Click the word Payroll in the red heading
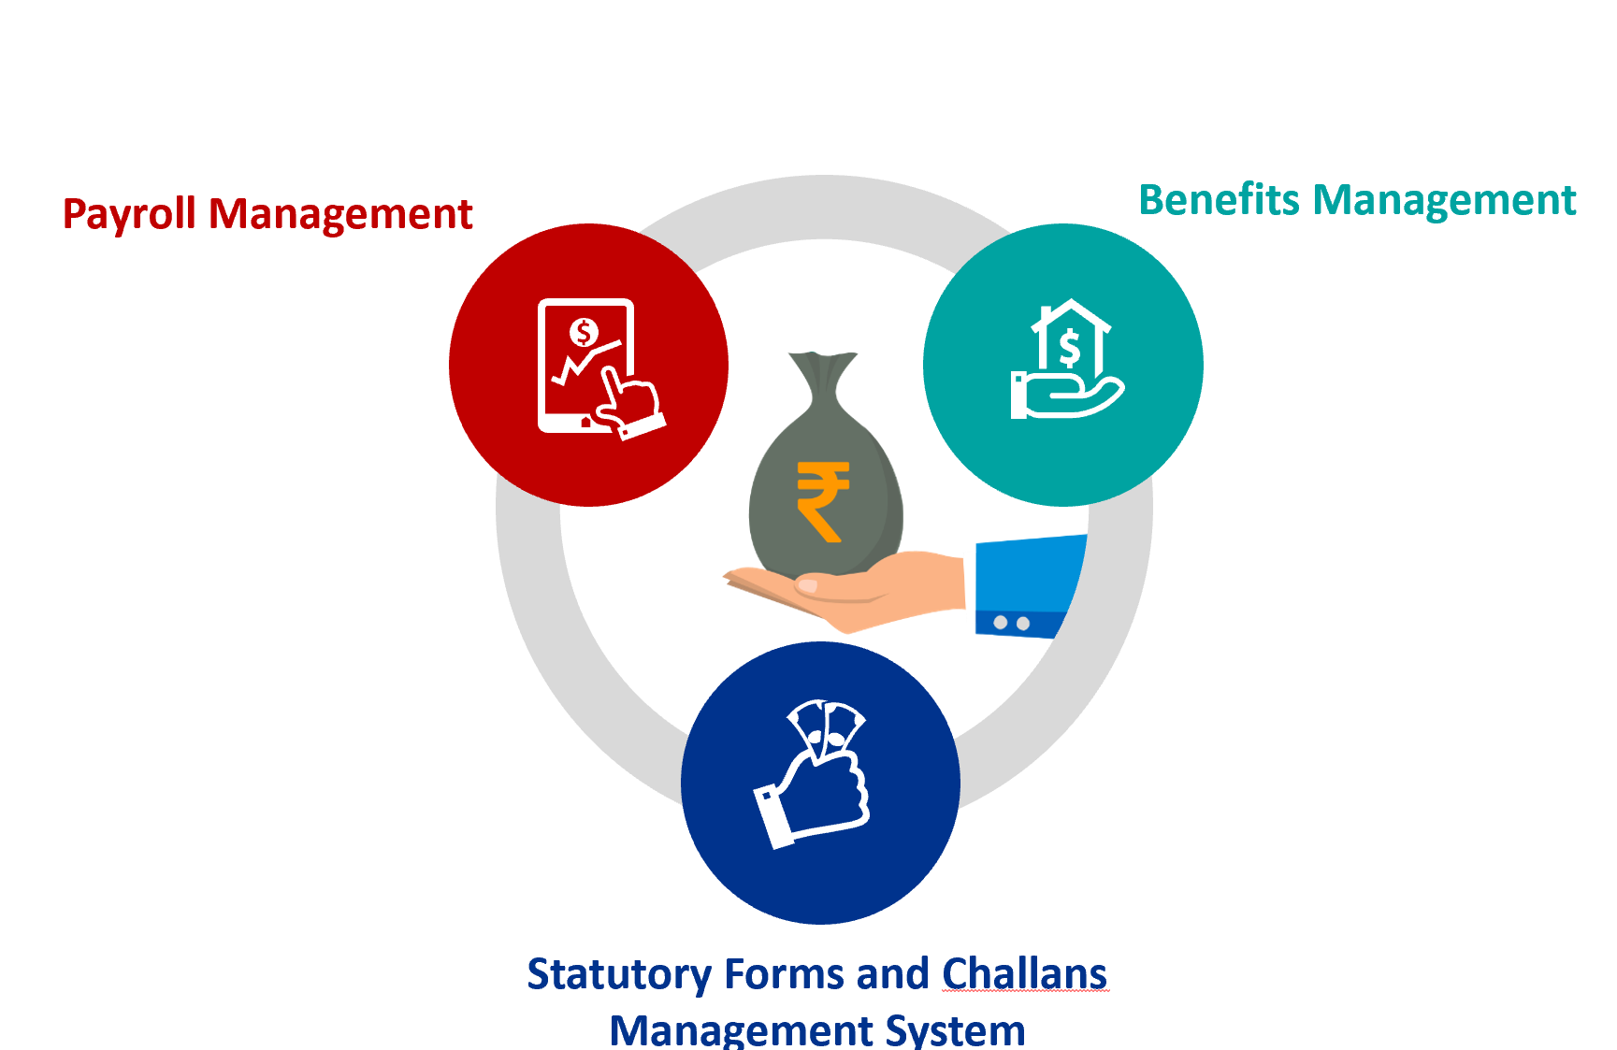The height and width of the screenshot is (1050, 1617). [129, 214]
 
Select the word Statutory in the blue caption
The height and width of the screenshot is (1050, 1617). [619, 975]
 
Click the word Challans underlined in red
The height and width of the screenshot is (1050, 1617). [1024, 974]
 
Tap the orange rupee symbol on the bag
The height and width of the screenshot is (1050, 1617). [822, 501]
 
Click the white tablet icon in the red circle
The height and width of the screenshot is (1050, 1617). [587, 366]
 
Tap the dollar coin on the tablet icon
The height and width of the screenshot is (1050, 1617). [584, 332]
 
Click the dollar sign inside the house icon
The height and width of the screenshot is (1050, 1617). [1070, 349]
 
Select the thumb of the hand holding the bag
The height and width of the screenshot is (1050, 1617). [832, 585]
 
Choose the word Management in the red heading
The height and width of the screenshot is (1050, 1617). [340, 214]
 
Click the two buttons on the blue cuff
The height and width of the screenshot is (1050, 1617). [1012, 623]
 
